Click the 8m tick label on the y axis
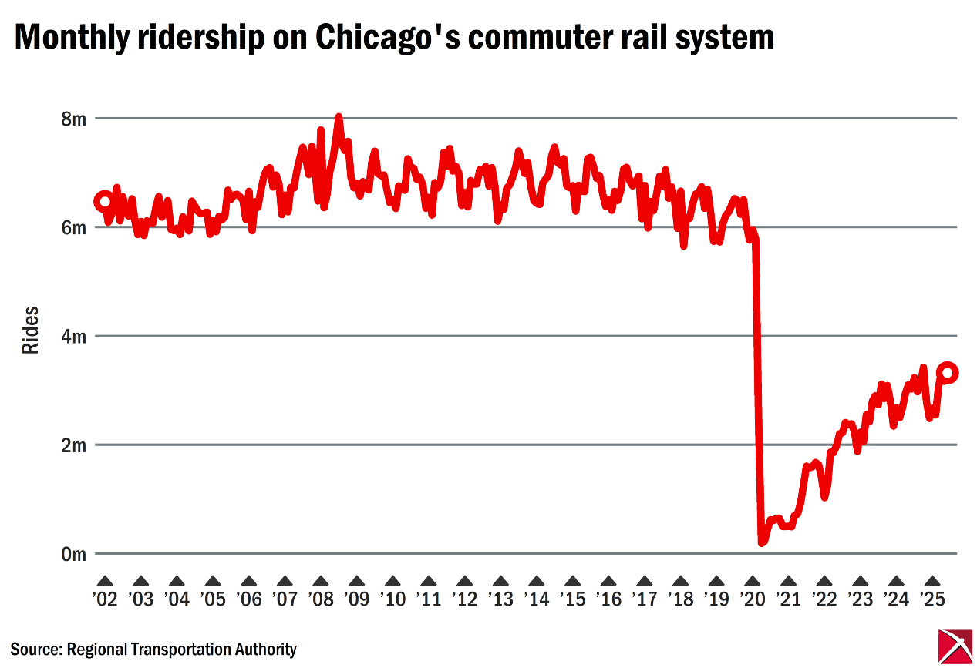(73, 119)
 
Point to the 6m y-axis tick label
(73, 227)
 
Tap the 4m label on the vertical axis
(73, 337)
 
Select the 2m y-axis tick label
(73, 445)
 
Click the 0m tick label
(73, 554)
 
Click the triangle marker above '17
(644, 581)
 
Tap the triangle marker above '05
(213, 581)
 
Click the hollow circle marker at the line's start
(104, 202)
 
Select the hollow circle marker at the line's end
(948, 373)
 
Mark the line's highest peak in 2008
(339, 118)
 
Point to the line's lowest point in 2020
(762, 542)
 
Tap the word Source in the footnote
(35, 650)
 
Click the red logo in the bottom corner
(955, 646)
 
